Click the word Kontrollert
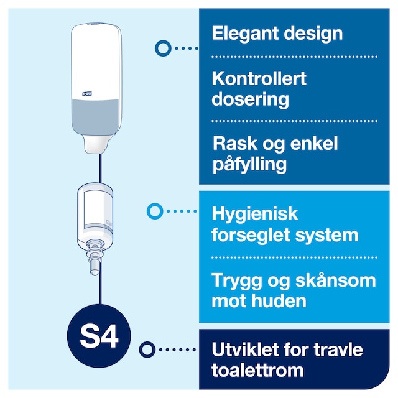(x=259, y=79)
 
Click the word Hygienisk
(x=255, y=215)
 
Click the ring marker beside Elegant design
(x=163, y=47)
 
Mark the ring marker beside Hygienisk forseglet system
(x=154, y=211)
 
